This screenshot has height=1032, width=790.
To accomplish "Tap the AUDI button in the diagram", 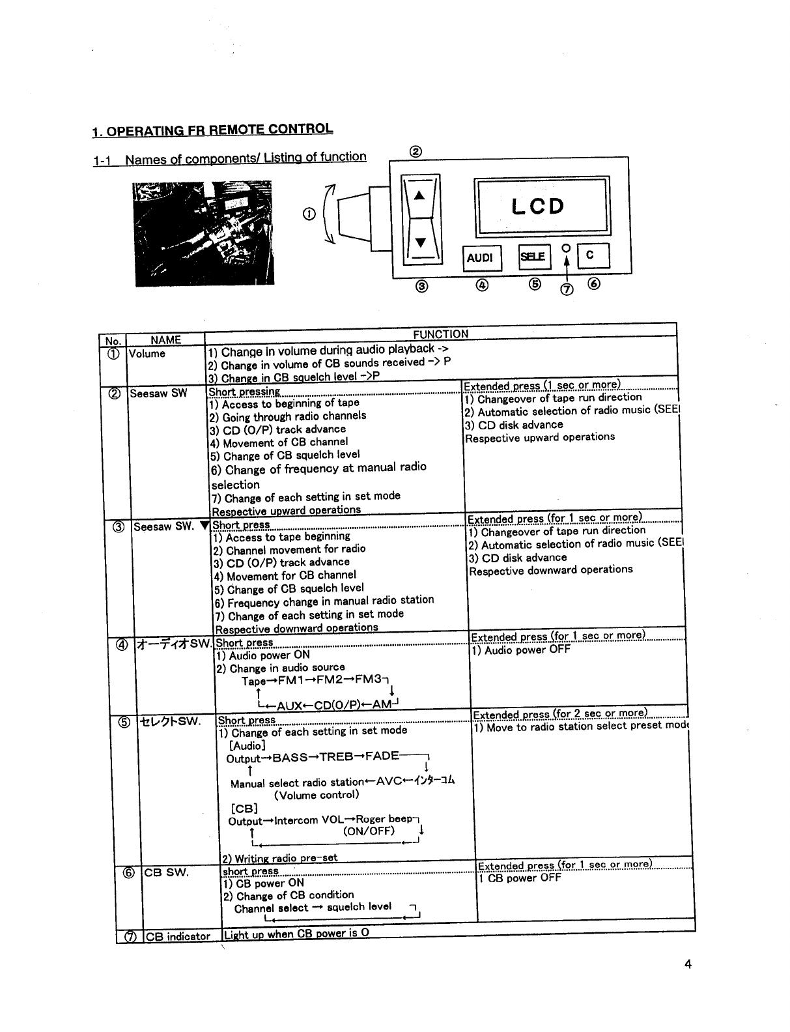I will pos(480,257).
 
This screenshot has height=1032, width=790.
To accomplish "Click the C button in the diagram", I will pos(590,255).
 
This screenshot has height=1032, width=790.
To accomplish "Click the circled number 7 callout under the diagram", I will pos(566,290).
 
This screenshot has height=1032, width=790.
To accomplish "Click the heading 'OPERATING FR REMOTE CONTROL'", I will pos(212,130).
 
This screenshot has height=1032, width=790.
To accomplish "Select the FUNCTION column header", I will pos(440,334).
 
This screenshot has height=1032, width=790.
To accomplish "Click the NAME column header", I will pos(165,339).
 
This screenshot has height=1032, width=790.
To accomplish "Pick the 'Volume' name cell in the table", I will pos(147,354).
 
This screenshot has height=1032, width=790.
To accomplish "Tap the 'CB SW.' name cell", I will pos(167,872).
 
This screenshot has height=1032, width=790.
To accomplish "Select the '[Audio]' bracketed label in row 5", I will pos(247,745).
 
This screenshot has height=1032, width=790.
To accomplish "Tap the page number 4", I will pos(688,966).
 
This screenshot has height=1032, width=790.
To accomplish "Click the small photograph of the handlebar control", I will pos(205,233).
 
